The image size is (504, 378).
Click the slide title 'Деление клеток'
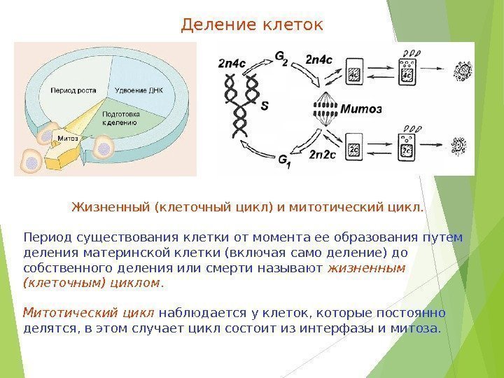[252, 26]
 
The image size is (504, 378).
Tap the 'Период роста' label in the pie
[71, 90]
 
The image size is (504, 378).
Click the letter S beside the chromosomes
[264, 107]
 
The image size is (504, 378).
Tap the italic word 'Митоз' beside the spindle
[360, 109]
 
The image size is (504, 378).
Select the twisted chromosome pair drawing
[240, 105]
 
